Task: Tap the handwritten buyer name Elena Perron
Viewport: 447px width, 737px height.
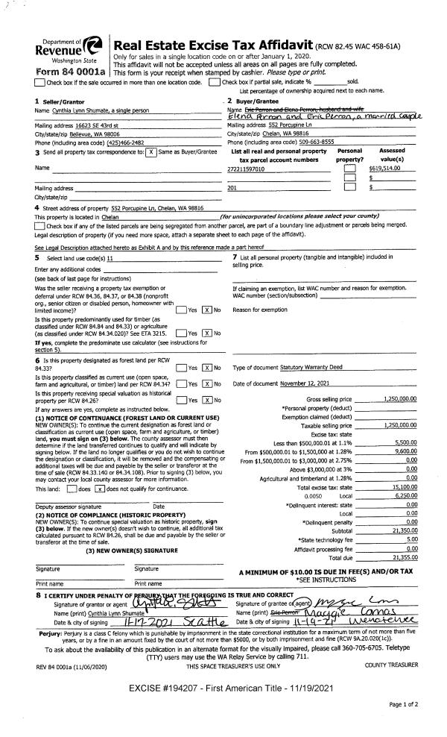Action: pos(250,116)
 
